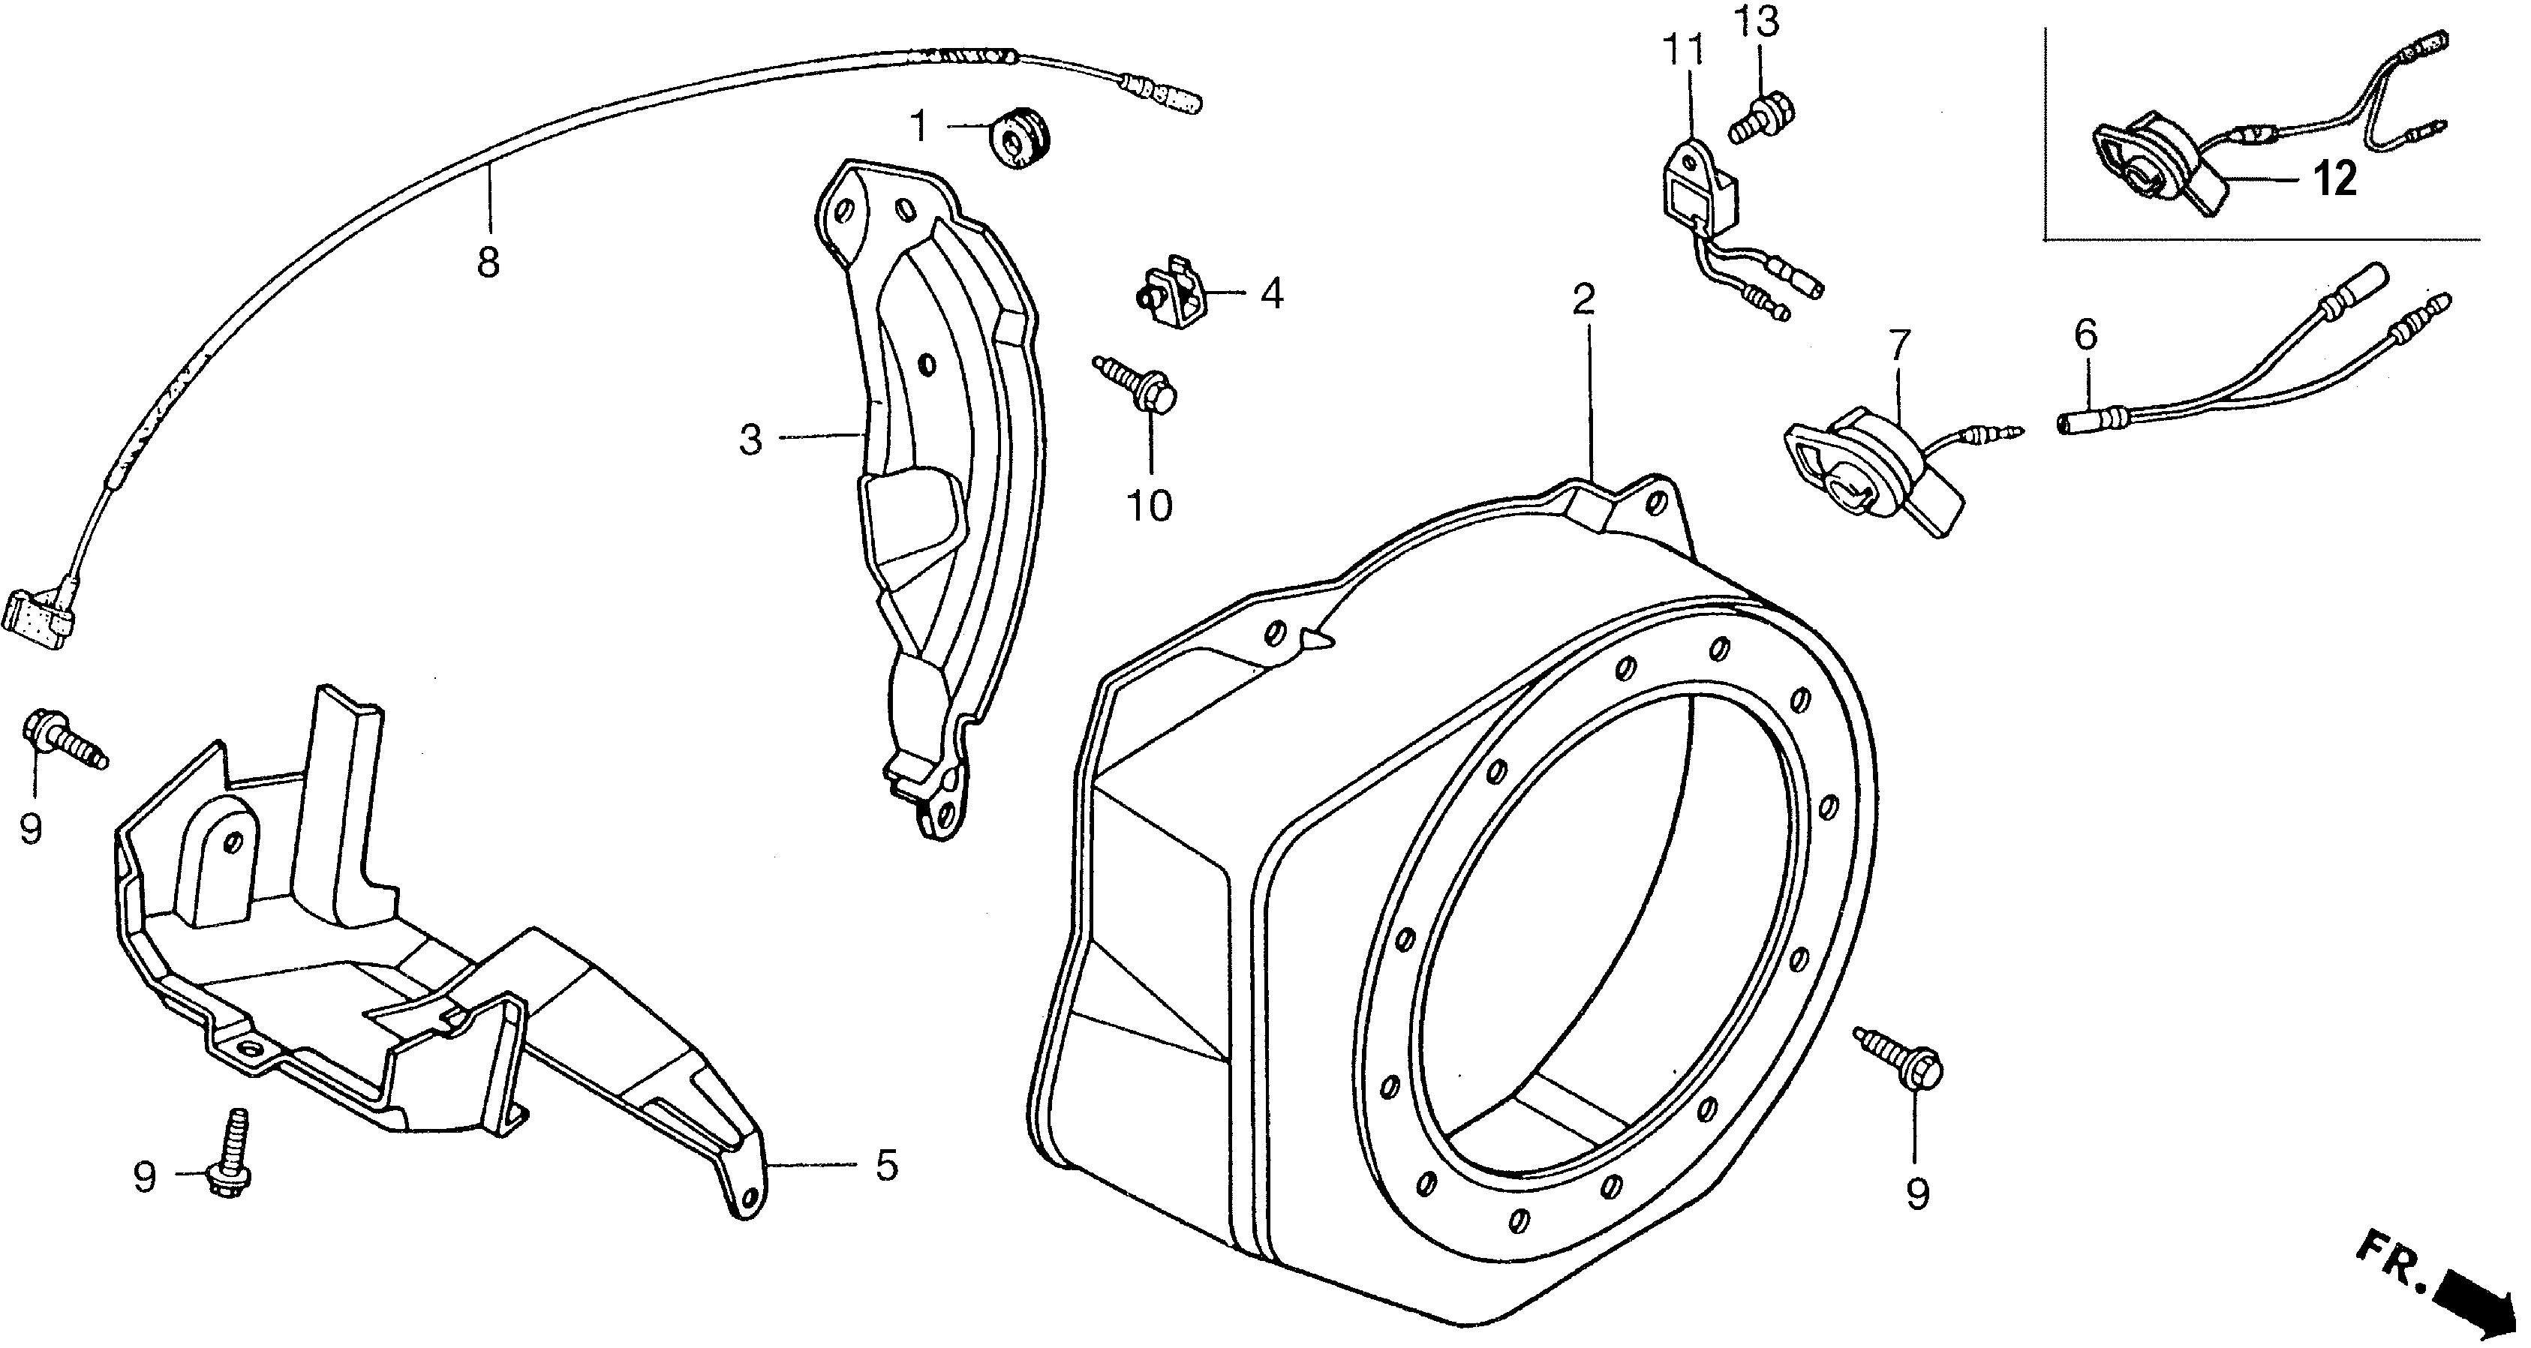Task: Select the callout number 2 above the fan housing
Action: tap(1583, 299)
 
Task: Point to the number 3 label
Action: tap(750, 439)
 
